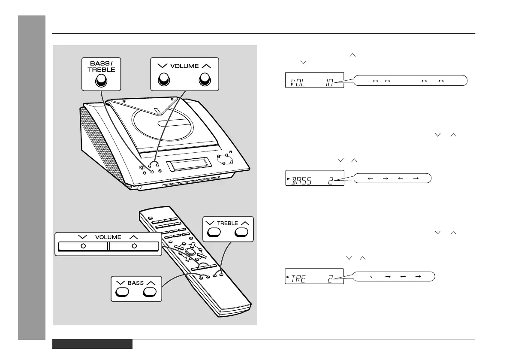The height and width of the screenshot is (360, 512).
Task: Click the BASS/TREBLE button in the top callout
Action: (x=100, y=80)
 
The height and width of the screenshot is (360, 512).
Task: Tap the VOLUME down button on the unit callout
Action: (x=163, y=79)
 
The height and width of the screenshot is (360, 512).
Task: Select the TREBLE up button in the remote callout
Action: (x=241, y=232)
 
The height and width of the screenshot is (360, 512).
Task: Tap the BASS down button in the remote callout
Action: (x=122, y=292)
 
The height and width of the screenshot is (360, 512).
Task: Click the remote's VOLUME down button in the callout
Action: (x=83, y=246)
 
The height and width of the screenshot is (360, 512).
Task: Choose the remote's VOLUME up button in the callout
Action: (x=134, y=246)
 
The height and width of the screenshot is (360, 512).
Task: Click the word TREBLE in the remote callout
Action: (x=227, y=224)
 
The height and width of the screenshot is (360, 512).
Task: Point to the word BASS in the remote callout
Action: (x=136, y=283)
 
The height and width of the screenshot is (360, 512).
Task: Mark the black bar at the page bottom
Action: (x=92, y=344)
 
